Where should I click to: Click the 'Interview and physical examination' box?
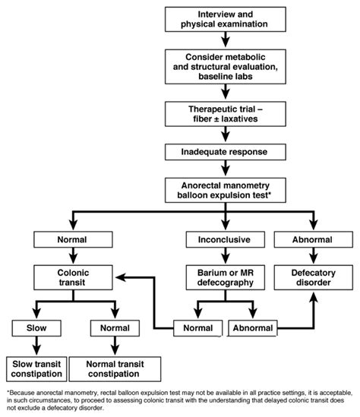pyautogui.click(x=226, y=20)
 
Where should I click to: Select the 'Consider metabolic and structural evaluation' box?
pyautogui.click(x=226, y=67)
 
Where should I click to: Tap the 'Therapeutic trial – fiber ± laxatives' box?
pyautogui.click(x=226, y=114)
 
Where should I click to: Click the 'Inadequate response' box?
pyautogui.click(x=226, y=152)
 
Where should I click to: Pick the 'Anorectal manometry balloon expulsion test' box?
pyautogui.click(x=226, y=190)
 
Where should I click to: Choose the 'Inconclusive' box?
pyautogui.click(x=226, y=239)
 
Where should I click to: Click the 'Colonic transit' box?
pyautogui.click(x=73, y=277)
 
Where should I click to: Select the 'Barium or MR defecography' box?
pyautogui.click(x=226, y=277)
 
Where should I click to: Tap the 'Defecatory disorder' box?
pyautogui.click(x=314, y=277)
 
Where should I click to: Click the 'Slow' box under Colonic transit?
pyautogui.click(x=36, y=328)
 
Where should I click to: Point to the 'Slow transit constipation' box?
pyautogui.click(x=36, y=369)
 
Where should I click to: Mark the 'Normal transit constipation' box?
pyautogui.click(x=115, y=369)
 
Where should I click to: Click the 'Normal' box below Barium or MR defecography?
pyautogui.click(x=197, y=328)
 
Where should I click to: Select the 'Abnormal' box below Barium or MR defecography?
pyautogui.click(x=253, y=328)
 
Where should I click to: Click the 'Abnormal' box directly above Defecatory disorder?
pyautogui.click(x=314, y=239)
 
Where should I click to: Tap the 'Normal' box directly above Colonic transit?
pyautogui.click(x=73, y=239)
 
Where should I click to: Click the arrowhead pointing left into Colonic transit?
pyautogui.click(x=121, y=277)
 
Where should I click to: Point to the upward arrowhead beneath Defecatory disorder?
pyautogui.click(x=314, y=297)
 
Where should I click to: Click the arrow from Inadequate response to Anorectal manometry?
pyautogui.click(x=226, y=168)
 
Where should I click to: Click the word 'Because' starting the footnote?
pyautogui.click(x=22, y=393)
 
